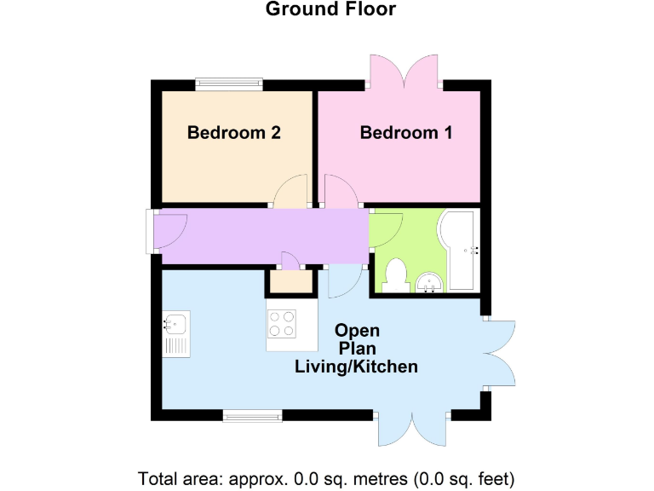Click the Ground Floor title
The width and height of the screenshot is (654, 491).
click(330, 9)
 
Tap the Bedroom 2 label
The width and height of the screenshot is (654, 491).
click(234, 133)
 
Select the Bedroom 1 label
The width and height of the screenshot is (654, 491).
click(406, 133)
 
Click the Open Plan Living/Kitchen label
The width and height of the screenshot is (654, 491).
click(357, 349)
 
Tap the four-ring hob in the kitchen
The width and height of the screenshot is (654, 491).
click(283, 325)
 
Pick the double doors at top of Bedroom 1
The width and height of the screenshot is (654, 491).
click(405, 73)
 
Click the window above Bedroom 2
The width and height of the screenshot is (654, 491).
click(228, 84)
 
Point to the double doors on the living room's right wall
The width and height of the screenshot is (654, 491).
click(501, 353)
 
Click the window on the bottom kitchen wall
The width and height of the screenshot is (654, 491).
click(252, 415)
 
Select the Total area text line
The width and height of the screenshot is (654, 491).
click(326, 477)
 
